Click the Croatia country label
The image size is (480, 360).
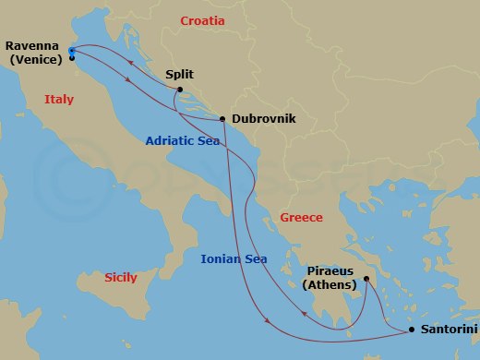[203, 20]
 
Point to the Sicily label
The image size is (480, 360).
[121, 277]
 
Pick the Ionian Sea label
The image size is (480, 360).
[234, 259]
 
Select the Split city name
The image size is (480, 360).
[179, 75]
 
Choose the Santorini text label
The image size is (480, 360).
[450, 329]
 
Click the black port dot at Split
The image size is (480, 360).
[180, 90]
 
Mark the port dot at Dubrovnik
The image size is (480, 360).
[223, 119]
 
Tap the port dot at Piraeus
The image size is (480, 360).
[366, 279]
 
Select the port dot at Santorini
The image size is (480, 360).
[411, 329]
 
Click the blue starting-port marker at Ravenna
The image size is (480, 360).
[72, 51]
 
